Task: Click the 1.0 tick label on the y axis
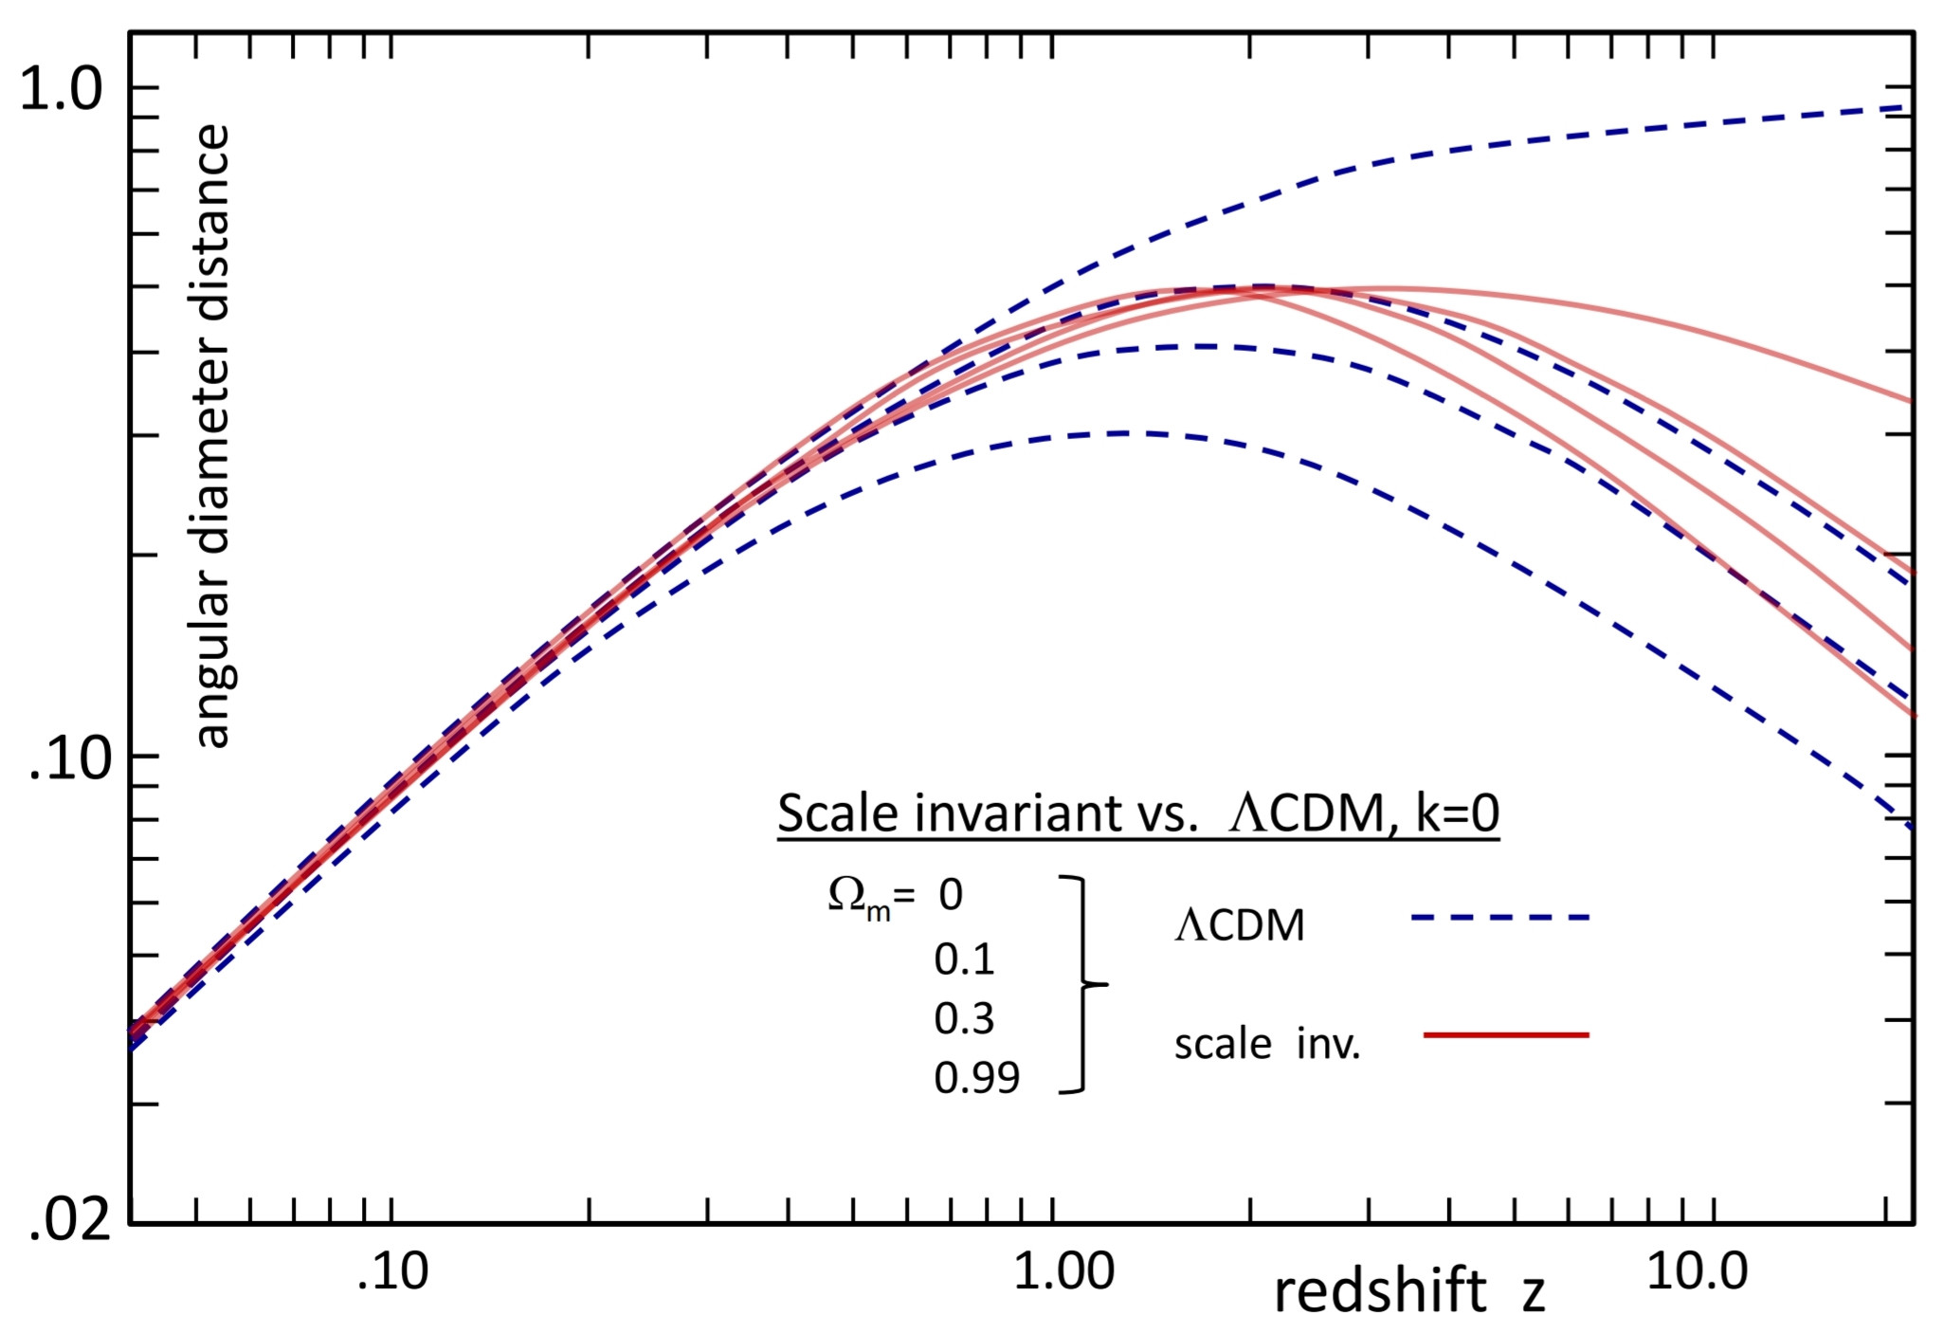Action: click(61, 91)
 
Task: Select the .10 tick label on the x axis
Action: click(393, 1271)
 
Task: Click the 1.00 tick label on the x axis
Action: click(1063, 1271)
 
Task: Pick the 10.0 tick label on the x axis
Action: click(1697, 1271)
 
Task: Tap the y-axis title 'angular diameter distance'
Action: click(212, 436)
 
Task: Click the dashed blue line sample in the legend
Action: click(1499, 918)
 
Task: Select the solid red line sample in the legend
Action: click(1506, 1035)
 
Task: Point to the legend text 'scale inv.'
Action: click(1267, 1045)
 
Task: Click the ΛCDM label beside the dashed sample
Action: click(1240, 925)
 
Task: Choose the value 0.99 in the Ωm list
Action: click(976, 1078)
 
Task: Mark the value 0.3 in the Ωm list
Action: click(964, 1019)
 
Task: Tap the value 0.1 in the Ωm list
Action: click(964, 959)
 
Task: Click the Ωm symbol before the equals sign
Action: click(859, 897)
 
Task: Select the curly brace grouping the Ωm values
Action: click(1083, 985)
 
